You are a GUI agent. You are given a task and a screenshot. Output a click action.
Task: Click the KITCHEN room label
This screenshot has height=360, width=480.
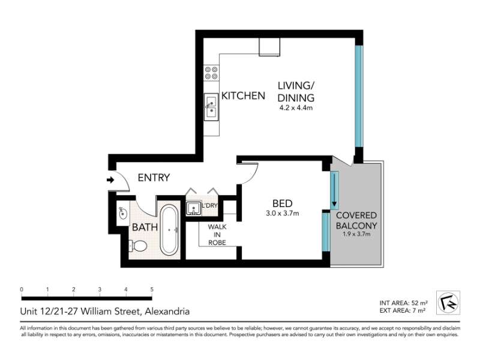(243, 96)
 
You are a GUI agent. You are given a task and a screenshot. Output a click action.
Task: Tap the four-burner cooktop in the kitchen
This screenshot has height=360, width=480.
(212, 73)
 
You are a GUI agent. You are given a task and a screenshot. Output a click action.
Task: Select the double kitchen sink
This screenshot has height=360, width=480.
(211, 107)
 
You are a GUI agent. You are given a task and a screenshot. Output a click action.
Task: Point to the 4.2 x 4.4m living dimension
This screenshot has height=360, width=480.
(296, 108)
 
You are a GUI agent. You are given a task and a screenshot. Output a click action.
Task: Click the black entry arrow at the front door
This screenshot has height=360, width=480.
(110, 180)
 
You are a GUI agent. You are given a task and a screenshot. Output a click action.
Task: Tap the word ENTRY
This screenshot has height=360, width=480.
(154, 178)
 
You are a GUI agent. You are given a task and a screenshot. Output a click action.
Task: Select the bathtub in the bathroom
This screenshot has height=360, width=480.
(169, 230)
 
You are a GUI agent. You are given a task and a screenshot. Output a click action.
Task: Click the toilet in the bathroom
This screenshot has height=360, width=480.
(138, 245)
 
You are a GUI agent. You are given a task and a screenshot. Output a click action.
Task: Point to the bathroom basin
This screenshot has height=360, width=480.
(123, 214)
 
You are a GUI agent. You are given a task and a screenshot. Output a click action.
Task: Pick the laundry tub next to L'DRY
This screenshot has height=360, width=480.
(194, 208)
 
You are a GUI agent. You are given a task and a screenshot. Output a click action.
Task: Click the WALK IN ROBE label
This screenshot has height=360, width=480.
(217, 235)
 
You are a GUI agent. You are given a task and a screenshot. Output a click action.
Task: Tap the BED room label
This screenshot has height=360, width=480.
(282, 203)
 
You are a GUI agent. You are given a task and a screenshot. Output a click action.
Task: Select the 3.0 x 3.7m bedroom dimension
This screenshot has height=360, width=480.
(282, 214)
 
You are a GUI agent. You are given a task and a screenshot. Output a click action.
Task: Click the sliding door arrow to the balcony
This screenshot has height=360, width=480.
(334, 190)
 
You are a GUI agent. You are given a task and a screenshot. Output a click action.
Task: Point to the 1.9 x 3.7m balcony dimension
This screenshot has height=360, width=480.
(356, 234)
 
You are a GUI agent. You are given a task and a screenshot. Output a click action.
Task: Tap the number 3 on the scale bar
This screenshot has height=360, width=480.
(100, 289)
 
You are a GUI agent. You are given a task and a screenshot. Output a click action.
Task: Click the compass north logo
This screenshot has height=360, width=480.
(448, 302)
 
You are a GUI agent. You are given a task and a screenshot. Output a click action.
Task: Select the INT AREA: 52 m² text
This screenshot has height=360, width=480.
(403, 303)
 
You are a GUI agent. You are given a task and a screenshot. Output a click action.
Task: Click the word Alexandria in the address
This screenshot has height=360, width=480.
(167, 311)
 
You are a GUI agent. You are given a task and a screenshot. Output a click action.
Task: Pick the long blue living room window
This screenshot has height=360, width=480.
(359, 96)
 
